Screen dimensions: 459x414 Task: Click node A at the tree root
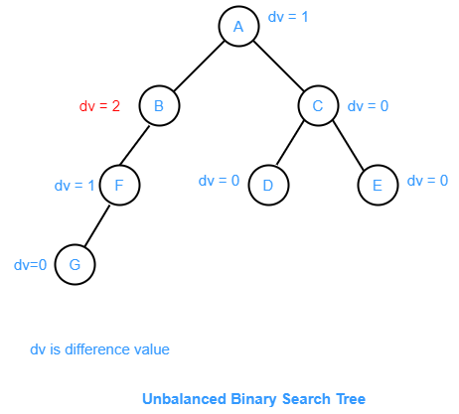coord(238,26)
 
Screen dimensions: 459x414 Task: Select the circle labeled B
coord(159,106)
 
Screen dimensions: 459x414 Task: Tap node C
coord(318,106)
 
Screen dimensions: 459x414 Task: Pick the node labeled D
coord(268,186)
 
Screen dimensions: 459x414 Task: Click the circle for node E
coord(378,186)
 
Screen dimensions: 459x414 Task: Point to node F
coord(119,186)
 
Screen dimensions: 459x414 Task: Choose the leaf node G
coord(75,265)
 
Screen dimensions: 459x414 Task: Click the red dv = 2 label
coord(99,106)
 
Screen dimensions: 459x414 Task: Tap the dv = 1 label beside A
coord(288,17)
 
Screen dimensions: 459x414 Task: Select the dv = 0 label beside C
coord(368,106)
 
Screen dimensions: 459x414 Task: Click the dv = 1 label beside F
coord(75,186)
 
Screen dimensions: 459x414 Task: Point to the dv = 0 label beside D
coord(219,181)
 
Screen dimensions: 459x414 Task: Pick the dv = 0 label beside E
coord(427,181)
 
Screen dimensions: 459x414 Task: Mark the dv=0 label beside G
coord(30,265)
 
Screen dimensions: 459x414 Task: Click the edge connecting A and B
coord(199,66)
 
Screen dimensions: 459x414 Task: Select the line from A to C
coord(278,66)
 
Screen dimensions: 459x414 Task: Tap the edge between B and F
coord(134,145)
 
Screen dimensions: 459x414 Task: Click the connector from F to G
coord(96,226)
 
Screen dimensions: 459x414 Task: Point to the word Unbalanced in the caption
coord(184,399)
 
